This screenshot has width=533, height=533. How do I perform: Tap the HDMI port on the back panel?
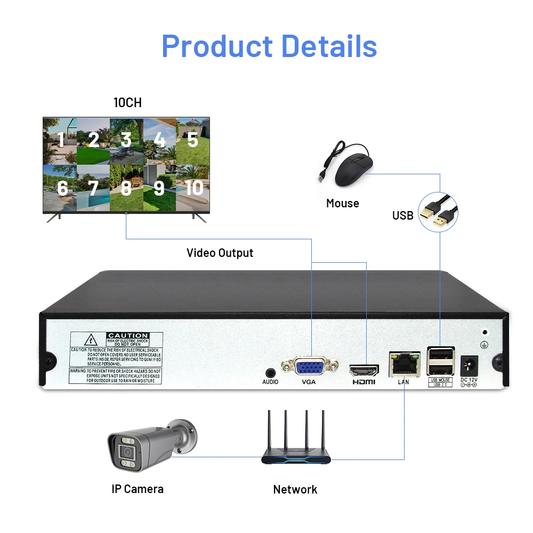(x=364, y=369)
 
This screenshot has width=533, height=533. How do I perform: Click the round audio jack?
(x=270, y=373)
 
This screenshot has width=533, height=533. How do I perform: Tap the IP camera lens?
(x=127, y=452)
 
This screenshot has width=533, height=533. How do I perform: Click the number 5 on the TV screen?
(x=192, y=140)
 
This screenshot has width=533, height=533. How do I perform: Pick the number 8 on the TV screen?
(x=126, y=188)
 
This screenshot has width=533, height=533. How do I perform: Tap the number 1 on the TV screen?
(x=61, y=140)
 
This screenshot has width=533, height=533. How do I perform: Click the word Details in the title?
(x=329, y=46)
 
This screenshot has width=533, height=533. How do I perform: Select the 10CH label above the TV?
(x=127, y=102)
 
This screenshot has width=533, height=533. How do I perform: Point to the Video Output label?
(x=220, y=253)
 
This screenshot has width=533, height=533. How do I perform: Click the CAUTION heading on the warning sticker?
(x=127, y=336)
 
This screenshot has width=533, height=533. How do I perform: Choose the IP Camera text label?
(x=138, y=489)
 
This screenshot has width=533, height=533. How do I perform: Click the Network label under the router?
(x=295, y=489)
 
